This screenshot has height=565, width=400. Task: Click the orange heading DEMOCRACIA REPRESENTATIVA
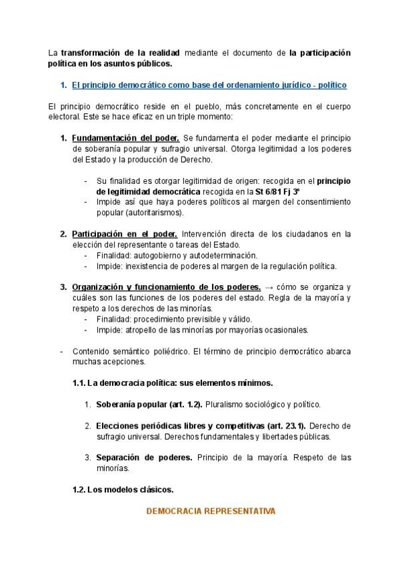[x=210, y=511]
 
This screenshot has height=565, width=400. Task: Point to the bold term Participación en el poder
[x=124, y=234]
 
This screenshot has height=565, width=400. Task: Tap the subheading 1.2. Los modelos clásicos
[x=123, y=489]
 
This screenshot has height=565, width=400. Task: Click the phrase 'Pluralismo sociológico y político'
[x=262, y=404]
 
